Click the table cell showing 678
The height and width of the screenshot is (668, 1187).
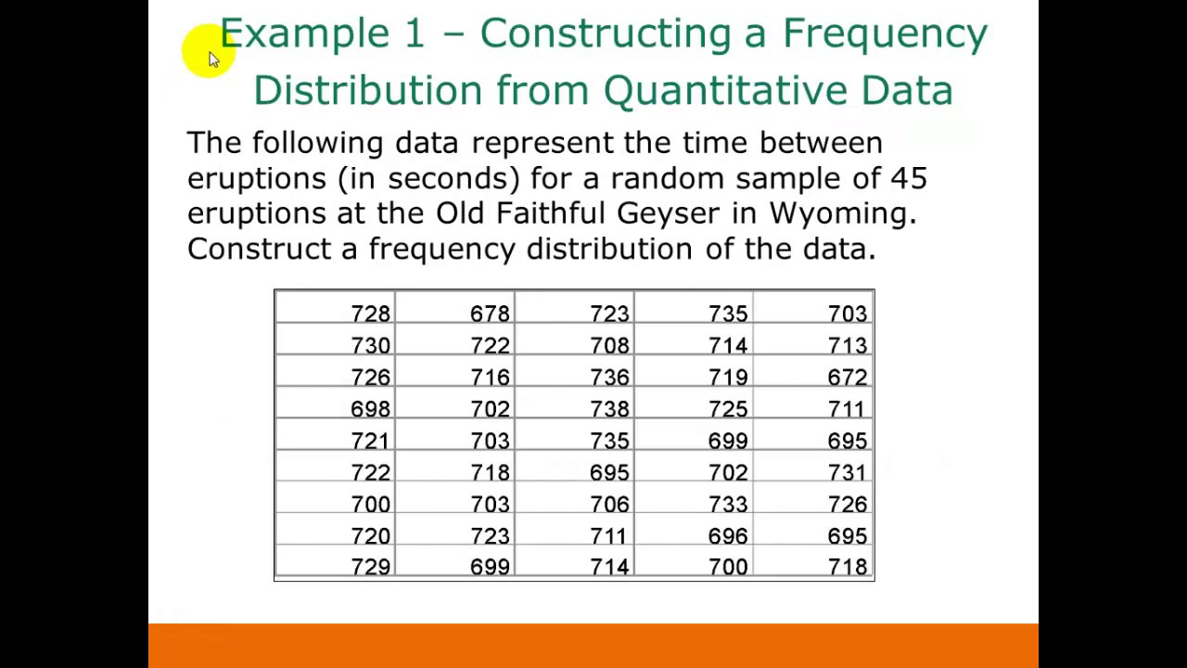[490, 315]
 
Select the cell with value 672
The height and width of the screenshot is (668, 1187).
[847, 378]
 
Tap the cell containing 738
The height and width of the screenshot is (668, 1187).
[609, 409]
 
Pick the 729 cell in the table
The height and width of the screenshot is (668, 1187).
[370, 568]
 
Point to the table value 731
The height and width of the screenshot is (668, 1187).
[847, 473]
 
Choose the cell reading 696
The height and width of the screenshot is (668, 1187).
[728, 536]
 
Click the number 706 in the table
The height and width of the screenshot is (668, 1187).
[609, 505]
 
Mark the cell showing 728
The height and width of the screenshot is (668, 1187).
[370, 315]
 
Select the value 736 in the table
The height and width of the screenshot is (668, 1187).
[609, 378]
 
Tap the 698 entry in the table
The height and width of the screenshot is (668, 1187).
[370, 409]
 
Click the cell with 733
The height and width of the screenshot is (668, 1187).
[728, 505]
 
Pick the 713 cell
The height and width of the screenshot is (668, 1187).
[847, 346]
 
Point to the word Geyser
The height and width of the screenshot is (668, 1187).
[668, 214]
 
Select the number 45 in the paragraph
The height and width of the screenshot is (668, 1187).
[909, 178]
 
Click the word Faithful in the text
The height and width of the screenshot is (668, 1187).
[550, 213]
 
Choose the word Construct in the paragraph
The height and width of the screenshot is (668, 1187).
[259, 249]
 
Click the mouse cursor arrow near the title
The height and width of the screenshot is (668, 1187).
[212, 58]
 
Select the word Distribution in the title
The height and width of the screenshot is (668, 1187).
[367, 91]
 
